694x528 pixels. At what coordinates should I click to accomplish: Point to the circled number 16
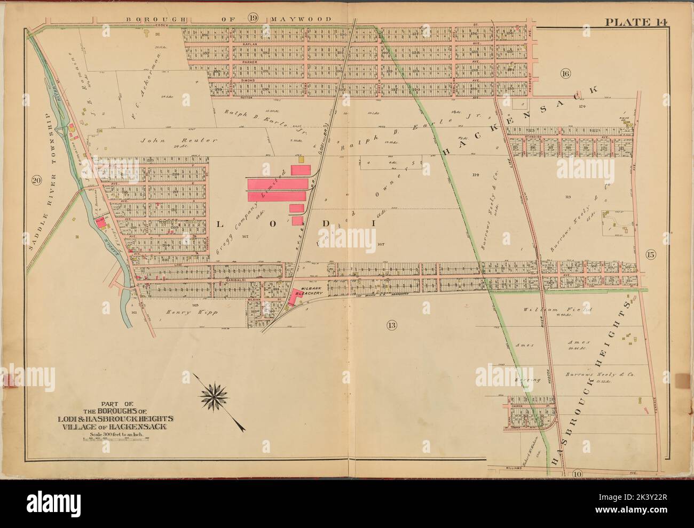(x=565, y=73)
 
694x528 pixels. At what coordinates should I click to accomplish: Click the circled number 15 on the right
(x=650, y=254)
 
